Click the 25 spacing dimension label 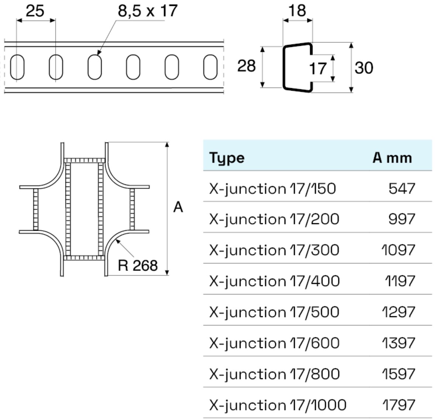35,11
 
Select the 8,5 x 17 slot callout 148,11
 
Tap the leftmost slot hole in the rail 17,67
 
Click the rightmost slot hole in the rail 210,67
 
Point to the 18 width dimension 297,11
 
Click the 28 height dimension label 246,66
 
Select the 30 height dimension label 364,68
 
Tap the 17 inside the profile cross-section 317,68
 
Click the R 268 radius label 138,265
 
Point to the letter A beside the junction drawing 178,207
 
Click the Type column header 227,158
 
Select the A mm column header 392,158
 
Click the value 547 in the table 401,189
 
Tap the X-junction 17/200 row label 274,219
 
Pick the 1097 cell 398,250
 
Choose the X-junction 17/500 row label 274,312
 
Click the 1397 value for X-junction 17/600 398,343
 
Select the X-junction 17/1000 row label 277,405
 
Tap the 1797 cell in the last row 398,405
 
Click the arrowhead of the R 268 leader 117,241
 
